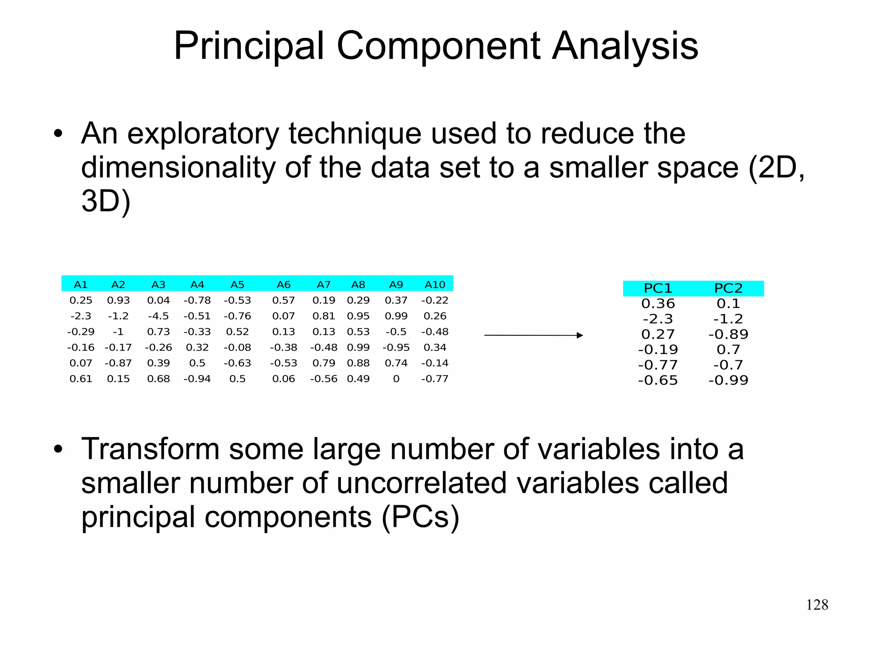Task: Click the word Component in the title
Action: pyautogui.click(x=438, y=46)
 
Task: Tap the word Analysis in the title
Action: pyautogui.click(x=625, y=46)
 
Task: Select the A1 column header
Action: pyautogui.click(x=81, y=285)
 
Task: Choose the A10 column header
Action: pyautogui.click(x=435, y=285)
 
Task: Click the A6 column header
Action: pyautogui.click(x=283, y=285)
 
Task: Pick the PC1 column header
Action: pyautogui.click(x=658, y=288)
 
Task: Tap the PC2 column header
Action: pyautogui.click(x=728, y=288)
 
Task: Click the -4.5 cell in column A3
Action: pyautogui.click(x=158, y=316)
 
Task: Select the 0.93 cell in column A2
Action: pyautogui.click(x=118, y=300)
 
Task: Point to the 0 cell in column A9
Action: pyautogui.click(x=396, y=379)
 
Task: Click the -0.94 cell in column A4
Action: pyautogui.click(x=197, y=379)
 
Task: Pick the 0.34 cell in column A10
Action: pyautogui.click(x=435, y=348)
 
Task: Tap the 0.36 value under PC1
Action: pyautogui.click(x=658, y=304)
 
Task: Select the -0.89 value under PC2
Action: pyautogui.click(x=728, y=334)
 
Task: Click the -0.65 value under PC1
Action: pyautogui.click(x=658, y=380)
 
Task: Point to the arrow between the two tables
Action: pyautogui.click(x=533, y=335)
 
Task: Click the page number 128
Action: pyautogui.click(x=817, y=605)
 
